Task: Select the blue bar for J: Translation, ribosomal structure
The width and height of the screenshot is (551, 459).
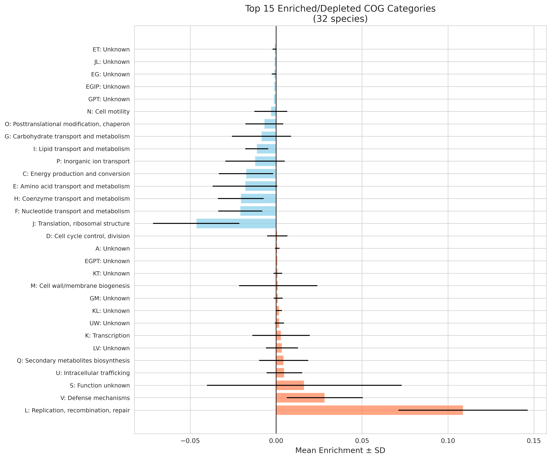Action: (x=236, y=224)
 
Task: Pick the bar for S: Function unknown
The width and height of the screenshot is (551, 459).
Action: (x=290, y=385)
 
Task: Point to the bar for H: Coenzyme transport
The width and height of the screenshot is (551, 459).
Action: (x=259, y=199)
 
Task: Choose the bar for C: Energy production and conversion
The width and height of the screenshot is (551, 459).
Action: (x=261, y=174)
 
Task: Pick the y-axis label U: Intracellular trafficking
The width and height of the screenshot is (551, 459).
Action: (x=93, y=373)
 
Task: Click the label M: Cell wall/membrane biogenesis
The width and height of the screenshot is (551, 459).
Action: (x=80, y=286)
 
